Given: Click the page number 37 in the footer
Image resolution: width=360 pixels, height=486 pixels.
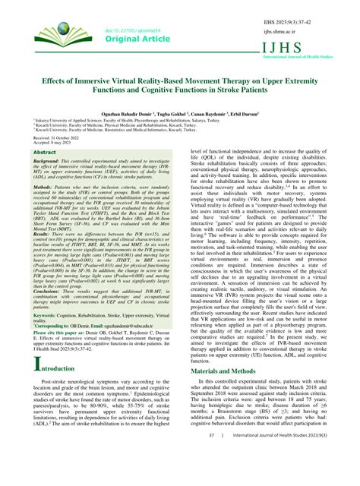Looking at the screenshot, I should pyautogui.click(x=213, y=477).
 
